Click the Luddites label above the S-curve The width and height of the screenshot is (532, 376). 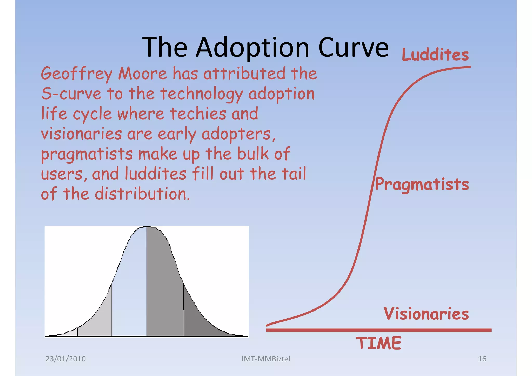(x=435, y=55)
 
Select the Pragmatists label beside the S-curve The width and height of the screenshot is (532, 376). (x=422, y=184)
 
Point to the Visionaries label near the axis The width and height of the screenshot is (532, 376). (x=426, y=314)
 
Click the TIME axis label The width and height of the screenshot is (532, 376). (x=378, y=343)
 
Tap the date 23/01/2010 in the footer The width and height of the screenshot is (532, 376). (x=65, y=359)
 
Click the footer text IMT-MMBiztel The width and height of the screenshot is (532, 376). (x=266, y=359)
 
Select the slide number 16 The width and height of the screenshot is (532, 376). (x=482, y=359)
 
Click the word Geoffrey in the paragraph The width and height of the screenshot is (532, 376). (x=77, y=74)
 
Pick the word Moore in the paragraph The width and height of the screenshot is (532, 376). (x=142, y=74)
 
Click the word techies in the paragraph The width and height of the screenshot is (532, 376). (x=198, y=114)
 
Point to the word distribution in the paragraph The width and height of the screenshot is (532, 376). (x=142, y=194)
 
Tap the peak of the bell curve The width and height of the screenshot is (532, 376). (x=147, y=227)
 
